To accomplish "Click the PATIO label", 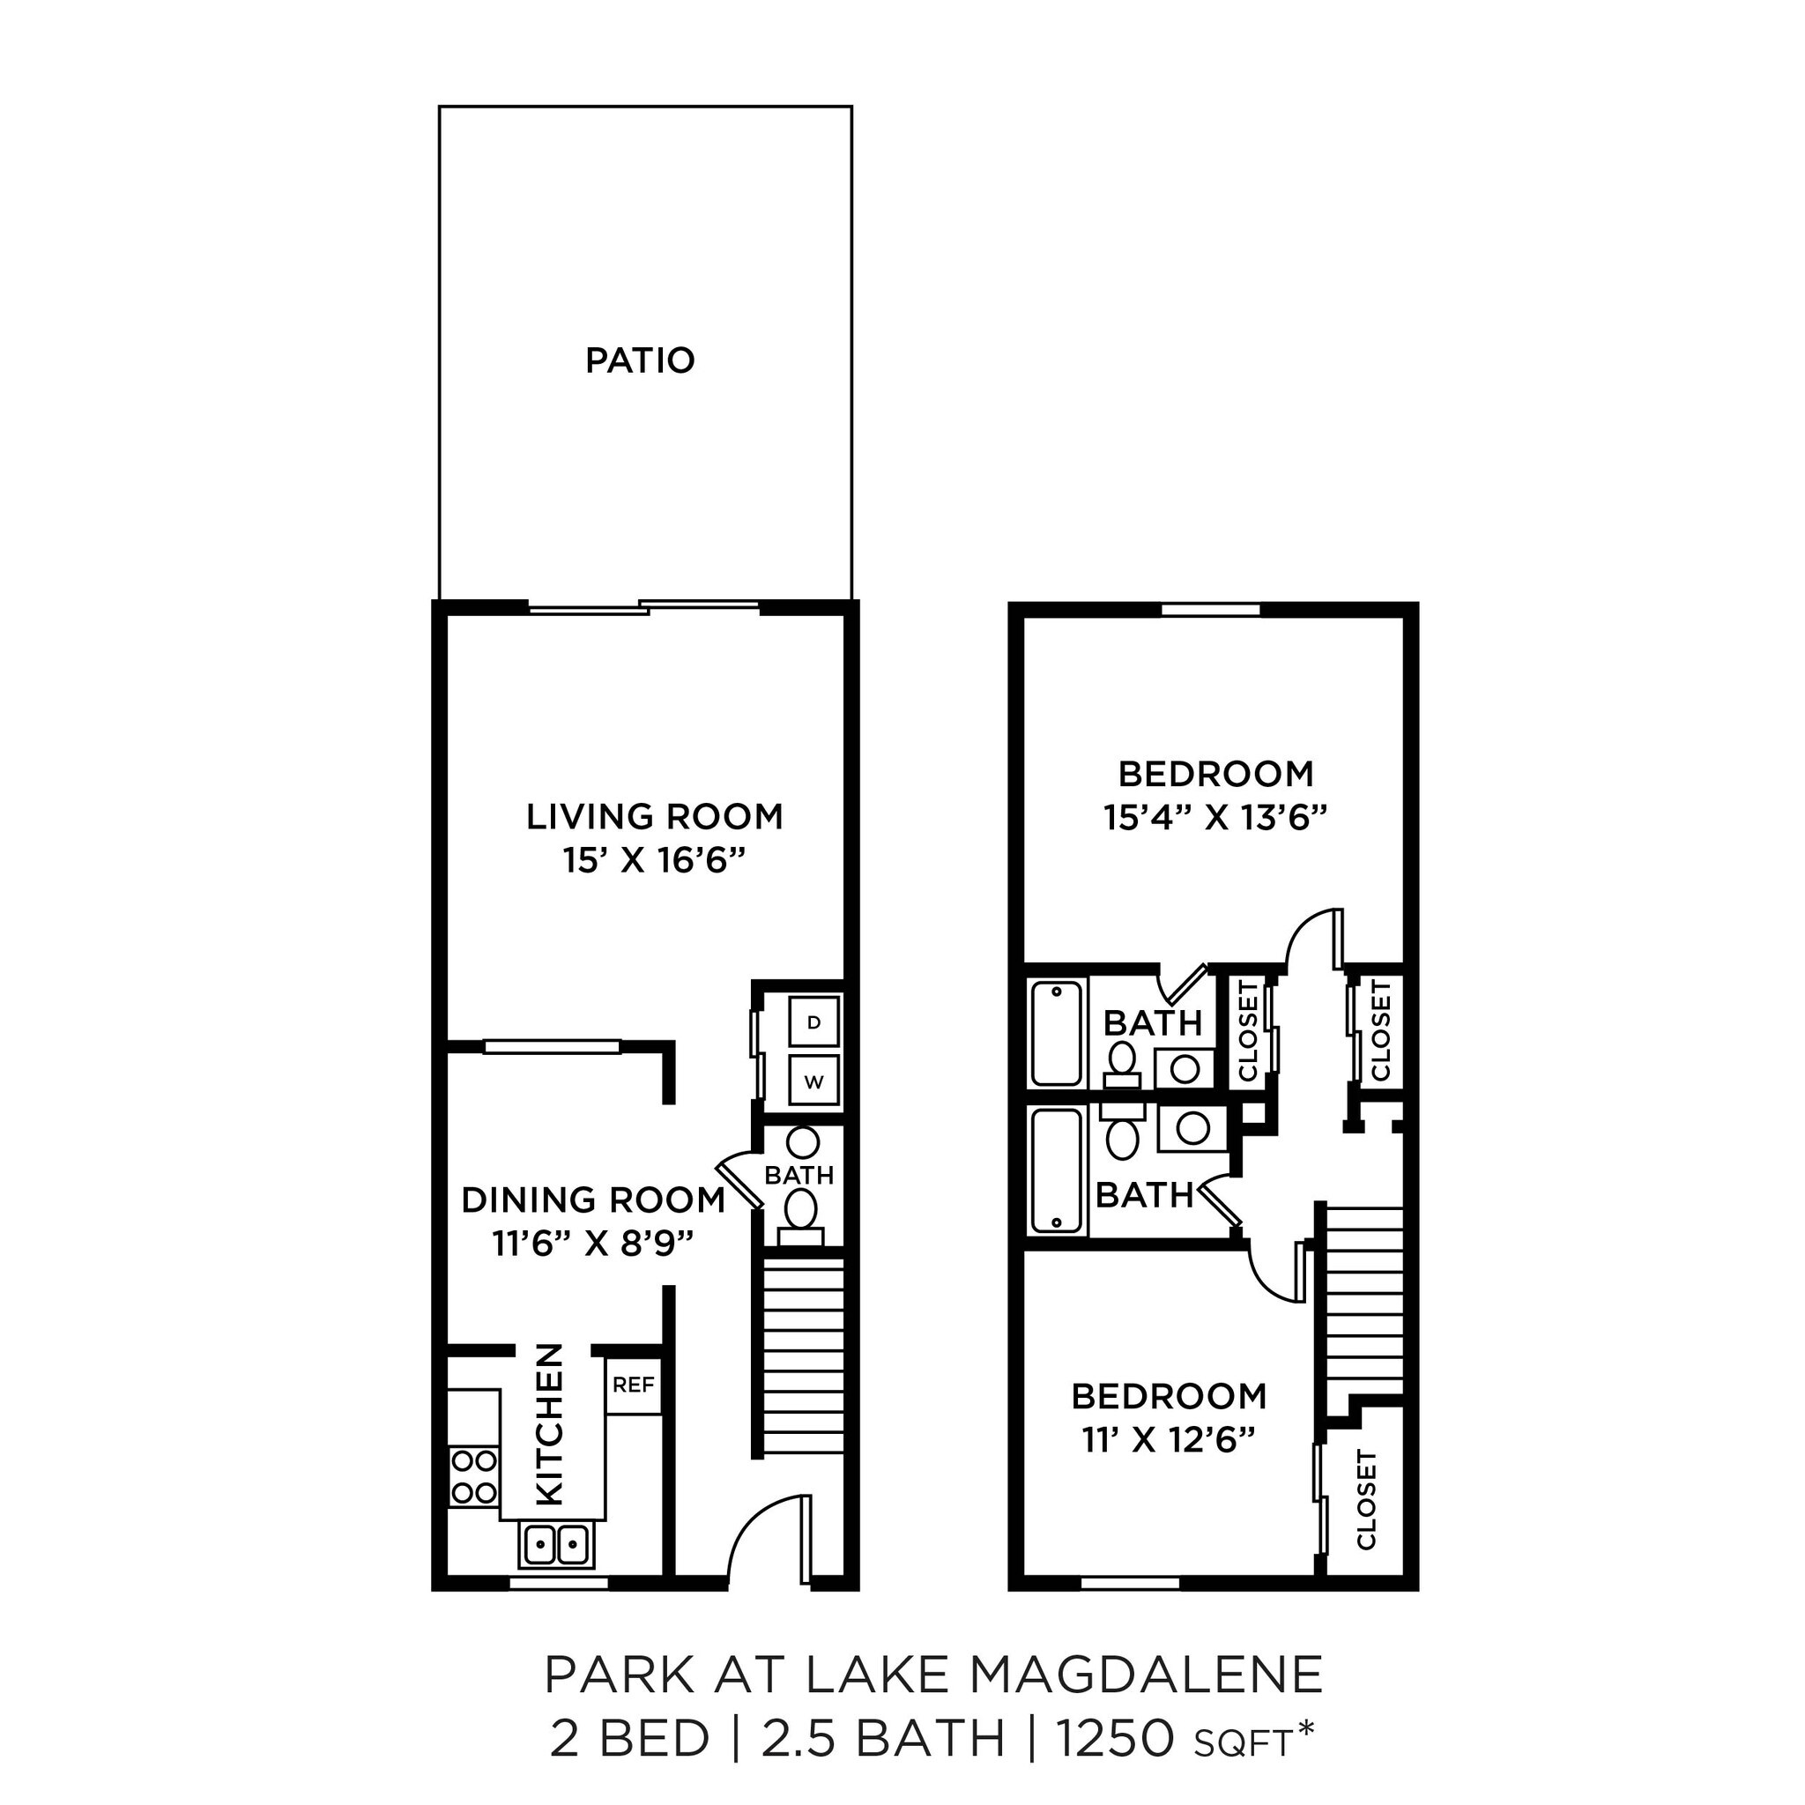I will pos(640,360).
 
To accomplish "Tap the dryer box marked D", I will pos(813,1022).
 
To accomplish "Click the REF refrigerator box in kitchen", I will pos(634,1385).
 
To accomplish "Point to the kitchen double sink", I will pos(557,1544).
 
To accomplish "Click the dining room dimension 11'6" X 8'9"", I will pos(593,1244).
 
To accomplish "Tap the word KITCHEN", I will pos(550,1424).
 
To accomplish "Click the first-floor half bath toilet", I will pos(799,1211).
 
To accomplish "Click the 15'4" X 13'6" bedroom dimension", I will pos(1215,819).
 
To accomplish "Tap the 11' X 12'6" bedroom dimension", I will pos(1168,1441).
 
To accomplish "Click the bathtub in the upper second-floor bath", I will pos(1057,1032).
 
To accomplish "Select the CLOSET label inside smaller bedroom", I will pos(1366,1499).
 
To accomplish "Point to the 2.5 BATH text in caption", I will pos(883,1740).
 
